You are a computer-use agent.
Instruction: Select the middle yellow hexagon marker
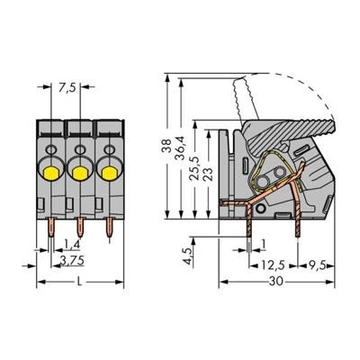81,171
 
